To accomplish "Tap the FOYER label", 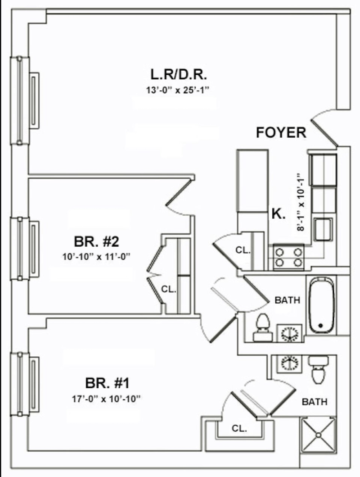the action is (281, 132).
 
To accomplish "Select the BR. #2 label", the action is (96, 242).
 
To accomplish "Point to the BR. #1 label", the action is (108, 384).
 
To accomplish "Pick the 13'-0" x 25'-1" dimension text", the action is (178, 90).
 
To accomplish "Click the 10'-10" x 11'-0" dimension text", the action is (99, 257).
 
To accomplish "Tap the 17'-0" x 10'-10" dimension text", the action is (108, 399).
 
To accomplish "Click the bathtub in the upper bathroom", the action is (321, 305).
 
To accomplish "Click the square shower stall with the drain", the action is (318, 435).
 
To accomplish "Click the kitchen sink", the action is (323, 229).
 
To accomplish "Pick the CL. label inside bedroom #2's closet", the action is (169, 290).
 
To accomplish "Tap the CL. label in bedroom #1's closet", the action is (239, 429).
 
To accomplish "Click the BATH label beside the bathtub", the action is (287, 300).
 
